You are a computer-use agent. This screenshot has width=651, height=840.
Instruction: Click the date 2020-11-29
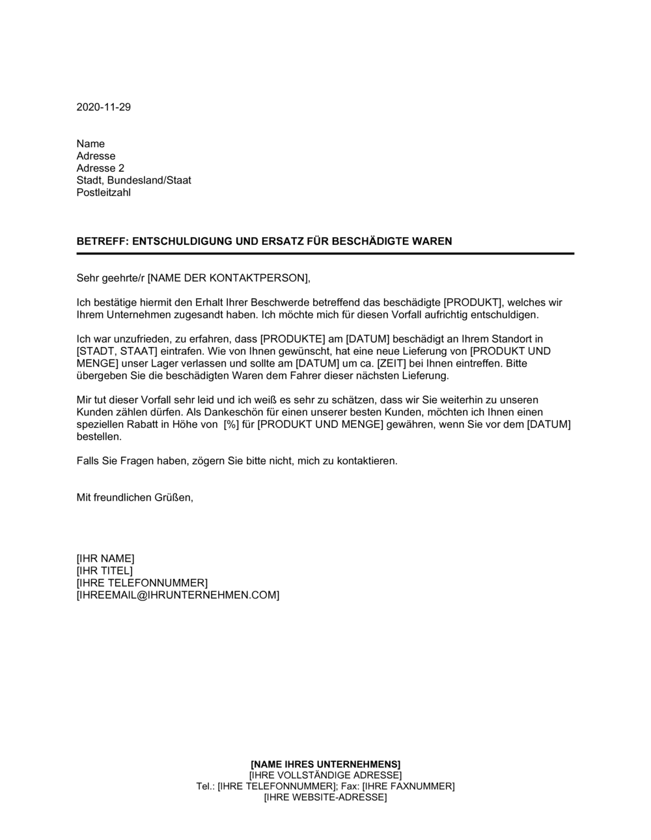coord(104,107)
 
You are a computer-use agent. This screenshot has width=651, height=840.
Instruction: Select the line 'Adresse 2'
coord(100,168)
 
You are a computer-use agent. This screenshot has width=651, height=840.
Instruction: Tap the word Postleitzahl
coord(104,193)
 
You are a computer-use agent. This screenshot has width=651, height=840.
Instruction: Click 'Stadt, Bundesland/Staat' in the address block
coord(133,180)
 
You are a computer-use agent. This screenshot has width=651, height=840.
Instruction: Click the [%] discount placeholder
coord(231,425)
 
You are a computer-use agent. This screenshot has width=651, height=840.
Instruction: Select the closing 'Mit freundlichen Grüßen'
coord(135,497)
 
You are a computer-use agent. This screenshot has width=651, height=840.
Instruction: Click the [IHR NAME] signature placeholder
coord(105,559)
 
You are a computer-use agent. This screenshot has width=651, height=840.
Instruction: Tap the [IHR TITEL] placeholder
coord(104,571)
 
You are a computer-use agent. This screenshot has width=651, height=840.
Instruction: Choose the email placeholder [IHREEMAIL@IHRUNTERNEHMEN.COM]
coord(178,595)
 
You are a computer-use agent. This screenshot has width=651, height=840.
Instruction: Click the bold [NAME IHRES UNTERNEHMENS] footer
coord(325,764)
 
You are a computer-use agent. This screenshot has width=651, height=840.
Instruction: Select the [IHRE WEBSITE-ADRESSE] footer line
coord(325,797)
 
